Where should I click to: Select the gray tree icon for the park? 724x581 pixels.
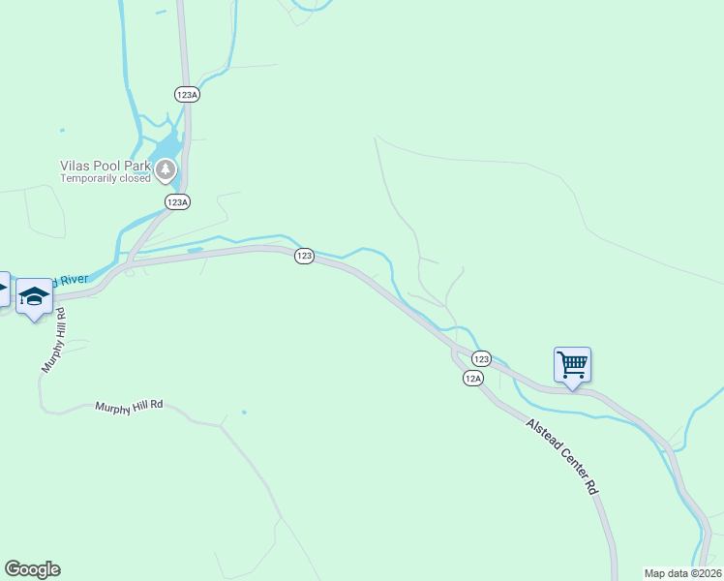166,170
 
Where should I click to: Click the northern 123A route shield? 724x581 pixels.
187,94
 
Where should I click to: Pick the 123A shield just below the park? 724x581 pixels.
176,201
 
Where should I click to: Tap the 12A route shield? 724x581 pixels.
472,378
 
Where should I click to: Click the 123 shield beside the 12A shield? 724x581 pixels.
483,357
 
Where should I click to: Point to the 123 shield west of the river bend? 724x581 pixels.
304,256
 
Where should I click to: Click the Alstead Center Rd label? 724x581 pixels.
562,457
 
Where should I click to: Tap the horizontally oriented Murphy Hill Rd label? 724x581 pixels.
130,407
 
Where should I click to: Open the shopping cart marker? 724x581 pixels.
572,365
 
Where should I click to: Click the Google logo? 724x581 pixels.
32,569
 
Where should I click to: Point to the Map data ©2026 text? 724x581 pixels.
682,573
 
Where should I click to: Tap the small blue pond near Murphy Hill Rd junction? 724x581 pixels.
244,413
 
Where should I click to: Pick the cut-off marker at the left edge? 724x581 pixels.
3,289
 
